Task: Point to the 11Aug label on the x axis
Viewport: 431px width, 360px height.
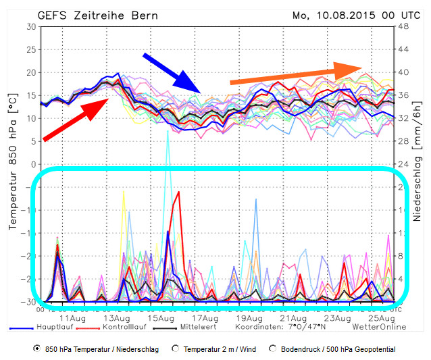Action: click(x=73, y=318)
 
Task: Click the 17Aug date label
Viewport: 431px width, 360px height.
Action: click(x=205, y=318)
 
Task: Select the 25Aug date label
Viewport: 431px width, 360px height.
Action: click(x=382, y=318)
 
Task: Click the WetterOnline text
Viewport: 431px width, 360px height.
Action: click(x=379, y=327)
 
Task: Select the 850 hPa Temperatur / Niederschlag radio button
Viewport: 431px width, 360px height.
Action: click(x=36, y=349)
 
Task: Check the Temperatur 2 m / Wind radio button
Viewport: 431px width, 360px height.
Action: click(x=176, y=349)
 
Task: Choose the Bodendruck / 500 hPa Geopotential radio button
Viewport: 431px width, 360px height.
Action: click(x=273, y=349)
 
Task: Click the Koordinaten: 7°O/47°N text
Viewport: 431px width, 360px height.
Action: click(x=280, y=327)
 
